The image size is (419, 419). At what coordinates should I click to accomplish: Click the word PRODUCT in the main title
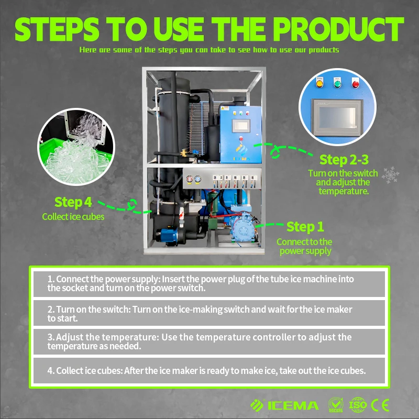point(338,29)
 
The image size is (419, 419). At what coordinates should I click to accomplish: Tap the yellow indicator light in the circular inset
point(319,84)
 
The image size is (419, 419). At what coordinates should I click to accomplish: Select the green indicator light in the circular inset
point(337,84)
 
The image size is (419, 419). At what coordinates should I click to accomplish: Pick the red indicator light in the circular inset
point(356,84)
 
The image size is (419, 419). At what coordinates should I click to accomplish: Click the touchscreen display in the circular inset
point(337,118)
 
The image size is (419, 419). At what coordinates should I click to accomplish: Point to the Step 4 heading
point(73,202)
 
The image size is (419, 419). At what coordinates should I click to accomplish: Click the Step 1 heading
point(305,227)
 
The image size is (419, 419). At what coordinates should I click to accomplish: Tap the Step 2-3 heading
point(344,160)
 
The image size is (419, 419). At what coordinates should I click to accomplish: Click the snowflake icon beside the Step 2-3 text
point(390,175)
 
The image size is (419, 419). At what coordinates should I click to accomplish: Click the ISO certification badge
point(358,405)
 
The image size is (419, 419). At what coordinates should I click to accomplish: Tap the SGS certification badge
point(336,405)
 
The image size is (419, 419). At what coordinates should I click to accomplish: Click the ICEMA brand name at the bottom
point(293,405)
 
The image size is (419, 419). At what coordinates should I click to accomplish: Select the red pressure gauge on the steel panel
point(190,179)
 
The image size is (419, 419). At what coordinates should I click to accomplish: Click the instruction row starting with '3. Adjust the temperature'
point(209,341)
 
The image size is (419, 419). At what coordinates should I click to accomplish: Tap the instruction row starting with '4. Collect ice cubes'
point(209,371)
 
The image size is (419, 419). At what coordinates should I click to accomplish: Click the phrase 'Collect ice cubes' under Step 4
point(73,217)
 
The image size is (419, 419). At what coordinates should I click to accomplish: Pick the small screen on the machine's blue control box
point(241,126)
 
